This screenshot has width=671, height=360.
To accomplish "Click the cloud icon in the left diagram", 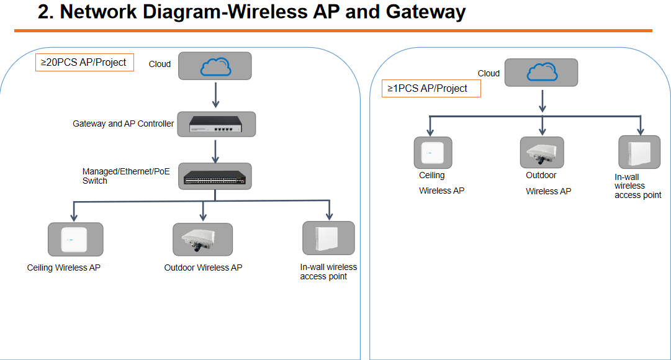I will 215,66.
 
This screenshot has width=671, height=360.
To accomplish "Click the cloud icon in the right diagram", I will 541,73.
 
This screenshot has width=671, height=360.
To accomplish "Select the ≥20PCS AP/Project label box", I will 84,62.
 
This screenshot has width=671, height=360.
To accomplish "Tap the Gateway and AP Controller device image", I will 216,124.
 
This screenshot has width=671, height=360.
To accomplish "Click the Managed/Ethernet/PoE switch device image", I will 215,176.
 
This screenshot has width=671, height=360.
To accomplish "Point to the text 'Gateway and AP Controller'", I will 124,124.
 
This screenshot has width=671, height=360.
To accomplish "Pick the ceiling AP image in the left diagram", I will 75,240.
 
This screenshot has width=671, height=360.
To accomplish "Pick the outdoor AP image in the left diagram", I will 202,240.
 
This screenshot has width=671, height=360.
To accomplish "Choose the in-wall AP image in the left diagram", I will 328,238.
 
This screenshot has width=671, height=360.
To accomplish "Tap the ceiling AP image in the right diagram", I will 433,153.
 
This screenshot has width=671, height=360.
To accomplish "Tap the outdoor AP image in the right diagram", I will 542,153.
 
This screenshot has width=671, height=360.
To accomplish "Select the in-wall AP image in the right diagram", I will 639,151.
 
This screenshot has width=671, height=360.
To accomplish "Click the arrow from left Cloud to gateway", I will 215,94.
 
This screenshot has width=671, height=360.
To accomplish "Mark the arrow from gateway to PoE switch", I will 215,150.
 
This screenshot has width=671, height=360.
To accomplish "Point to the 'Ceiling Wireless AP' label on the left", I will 63,268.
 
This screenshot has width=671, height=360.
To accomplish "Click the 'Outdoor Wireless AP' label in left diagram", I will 203,268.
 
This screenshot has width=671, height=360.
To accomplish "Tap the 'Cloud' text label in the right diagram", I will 489,73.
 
